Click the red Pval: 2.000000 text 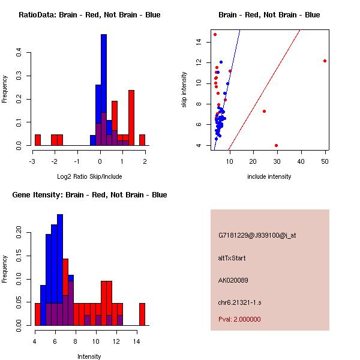(239, 319)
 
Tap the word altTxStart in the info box (232, 258)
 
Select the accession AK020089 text (233, 280)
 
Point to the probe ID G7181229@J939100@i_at (257, 235)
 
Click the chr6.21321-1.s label (239, 302)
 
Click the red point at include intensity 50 (325, 61)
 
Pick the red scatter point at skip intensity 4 (276, 145)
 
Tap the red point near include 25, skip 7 (264, 112)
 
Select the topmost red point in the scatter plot (215, 34)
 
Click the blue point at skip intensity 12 (221, 62)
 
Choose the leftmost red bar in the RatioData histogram (38, 140)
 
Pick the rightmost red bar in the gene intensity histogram (142, 314)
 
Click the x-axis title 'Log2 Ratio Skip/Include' (89, 176)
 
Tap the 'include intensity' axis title (269, 176)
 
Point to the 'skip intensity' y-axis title (184, 89)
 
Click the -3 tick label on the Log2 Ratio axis (32, 161)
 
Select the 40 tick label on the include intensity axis (301, 161)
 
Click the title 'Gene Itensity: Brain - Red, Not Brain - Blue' (89, 194)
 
